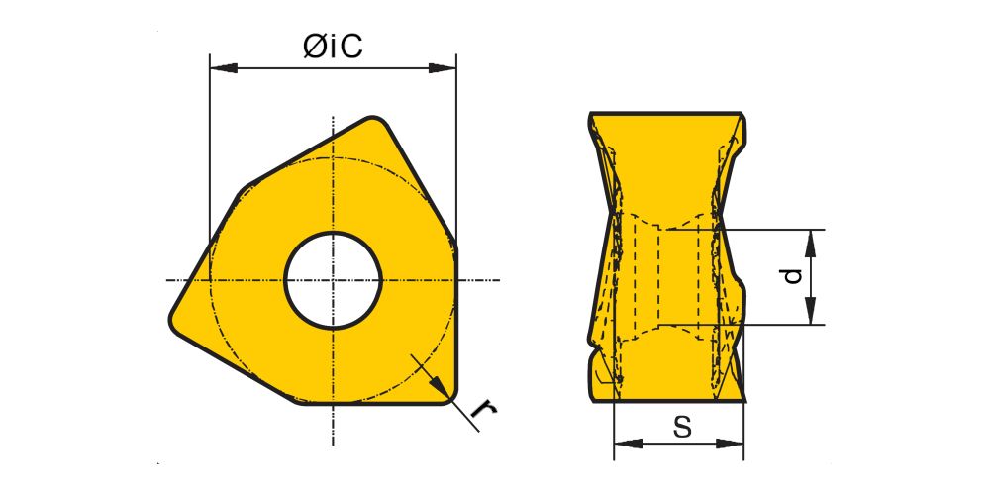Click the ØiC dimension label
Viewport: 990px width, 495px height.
[333, 46]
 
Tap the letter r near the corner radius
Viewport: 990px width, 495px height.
[484, 410]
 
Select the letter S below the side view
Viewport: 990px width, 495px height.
[682, 427]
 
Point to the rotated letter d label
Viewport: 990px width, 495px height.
[793, 276]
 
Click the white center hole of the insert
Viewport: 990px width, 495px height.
[334, 280]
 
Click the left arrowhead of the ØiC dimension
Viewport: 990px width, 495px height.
[223, 67]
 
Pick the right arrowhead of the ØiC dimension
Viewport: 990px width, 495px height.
[443, 67]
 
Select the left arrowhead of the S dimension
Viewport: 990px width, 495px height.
[628, 444]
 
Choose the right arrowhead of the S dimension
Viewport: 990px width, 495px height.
[730, 444]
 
